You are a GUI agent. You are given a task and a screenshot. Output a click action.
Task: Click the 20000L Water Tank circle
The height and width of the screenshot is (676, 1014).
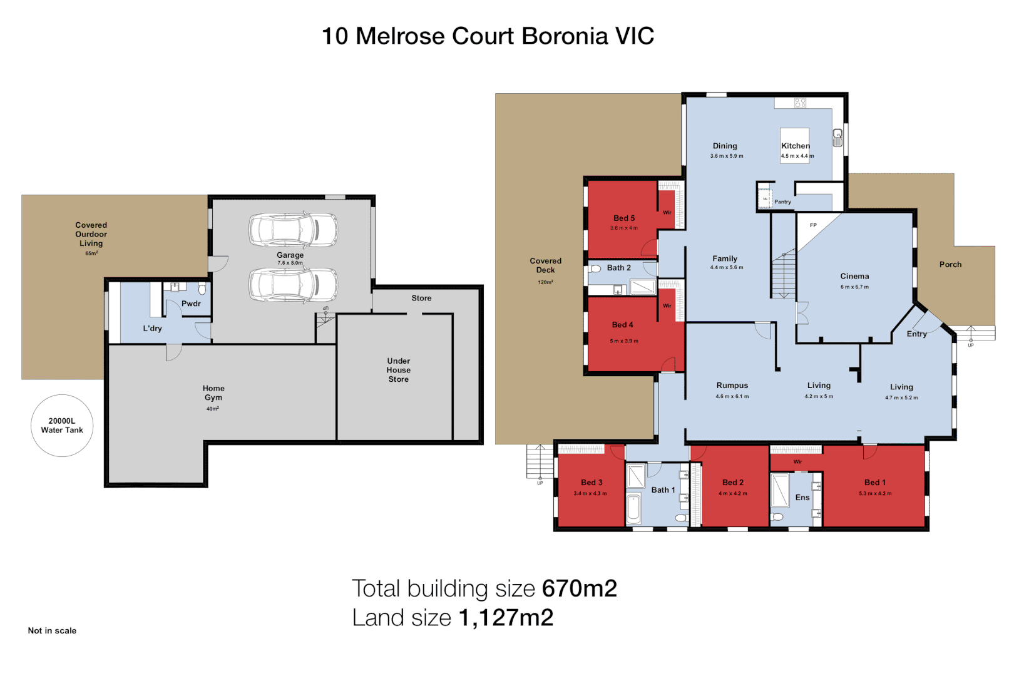point(62,426)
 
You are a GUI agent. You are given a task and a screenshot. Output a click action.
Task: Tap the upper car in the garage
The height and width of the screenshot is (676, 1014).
point(293,229)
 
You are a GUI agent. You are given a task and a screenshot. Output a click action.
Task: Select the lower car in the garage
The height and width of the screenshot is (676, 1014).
point(293,285)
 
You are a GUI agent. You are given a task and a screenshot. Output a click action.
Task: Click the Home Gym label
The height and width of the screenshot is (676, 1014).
point(213,393)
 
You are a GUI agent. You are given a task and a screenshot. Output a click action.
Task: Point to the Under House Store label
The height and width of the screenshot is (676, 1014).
point(399,370)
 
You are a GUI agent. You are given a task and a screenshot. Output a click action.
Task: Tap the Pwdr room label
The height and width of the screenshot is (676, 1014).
point(191,304)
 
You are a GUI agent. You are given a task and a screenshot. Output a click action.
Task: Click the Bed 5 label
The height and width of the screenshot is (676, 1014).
point(624,218)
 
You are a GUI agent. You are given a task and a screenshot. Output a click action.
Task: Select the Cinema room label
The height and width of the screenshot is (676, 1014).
point(854,276)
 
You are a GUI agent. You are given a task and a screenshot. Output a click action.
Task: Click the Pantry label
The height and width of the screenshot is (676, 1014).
point(782,202)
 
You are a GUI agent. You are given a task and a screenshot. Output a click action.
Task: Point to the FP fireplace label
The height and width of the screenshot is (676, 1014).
point(813,225)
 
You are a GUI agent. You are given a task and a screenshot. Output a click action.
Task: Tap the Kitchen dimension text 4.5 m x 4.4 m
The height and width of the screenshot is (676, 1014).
point(797,156)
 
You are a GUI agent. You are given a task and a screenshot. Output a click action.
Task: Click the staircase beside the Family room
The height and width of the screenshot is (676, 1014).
point(783,275)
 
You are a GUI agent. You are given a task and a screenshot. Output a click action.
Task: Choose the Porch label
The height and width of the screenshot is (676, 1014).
point(950,265)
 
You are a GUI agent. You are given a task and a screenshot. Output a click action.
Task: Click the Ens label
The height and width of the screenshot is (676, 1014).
point(802,498)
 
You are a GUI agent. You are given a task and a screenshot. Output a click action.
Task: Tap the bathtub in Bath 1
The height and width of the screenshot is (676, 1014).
point(633,509)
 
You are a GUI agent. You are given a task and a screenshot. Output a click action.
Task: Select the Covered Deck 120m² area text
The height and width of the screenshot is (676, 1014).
point(545,282)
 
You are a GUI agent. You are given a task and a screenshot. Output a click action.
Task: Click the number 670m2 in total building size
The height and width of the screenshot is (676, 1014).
point(580,588)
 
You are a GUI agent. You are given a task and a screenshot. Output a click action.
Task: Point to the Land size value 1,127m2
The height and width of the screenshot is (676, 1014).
point(506,618)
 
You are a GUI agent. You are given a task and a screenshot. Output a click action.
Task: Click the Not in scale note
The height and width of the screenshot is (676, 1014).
point(52,631)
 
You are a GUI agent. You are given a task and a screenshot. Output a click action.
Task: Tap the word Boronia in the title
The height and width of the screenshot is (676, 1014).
point(565,36)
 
